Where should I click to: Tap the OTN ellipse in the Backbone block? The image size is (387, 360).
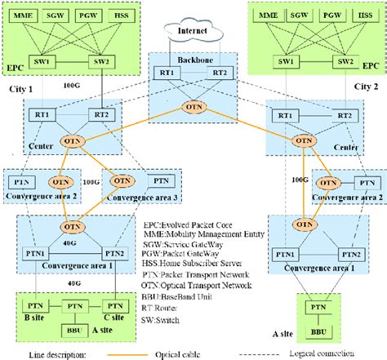(x=193, y=107)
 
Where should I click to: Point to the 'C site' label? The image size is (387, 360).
(x=109, y=315)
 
